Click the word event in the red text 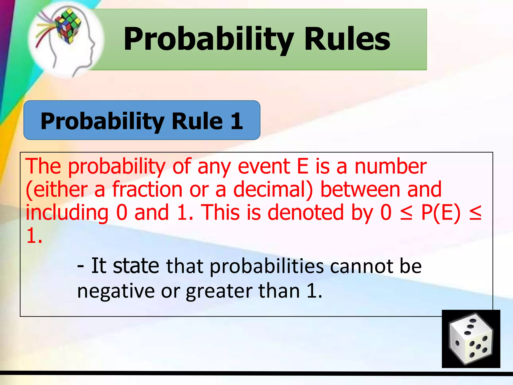pyautogui.click(x=264, y=166)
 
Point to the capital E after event pyautogui.click(x=302, y=166)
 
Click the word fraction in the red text pyautogui.click(x=147, y=189)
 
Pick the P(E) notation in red pyautogui.click(x=441, y=213)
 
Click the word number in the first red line pyautogui.click(x=391, y=166)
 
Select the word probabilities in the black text pyautogui.click(x=267, y=266)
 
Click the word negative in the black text pyautogui.click(x=116, y=291)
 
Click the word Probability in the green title pyautogui.click(x=208, y=39)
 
